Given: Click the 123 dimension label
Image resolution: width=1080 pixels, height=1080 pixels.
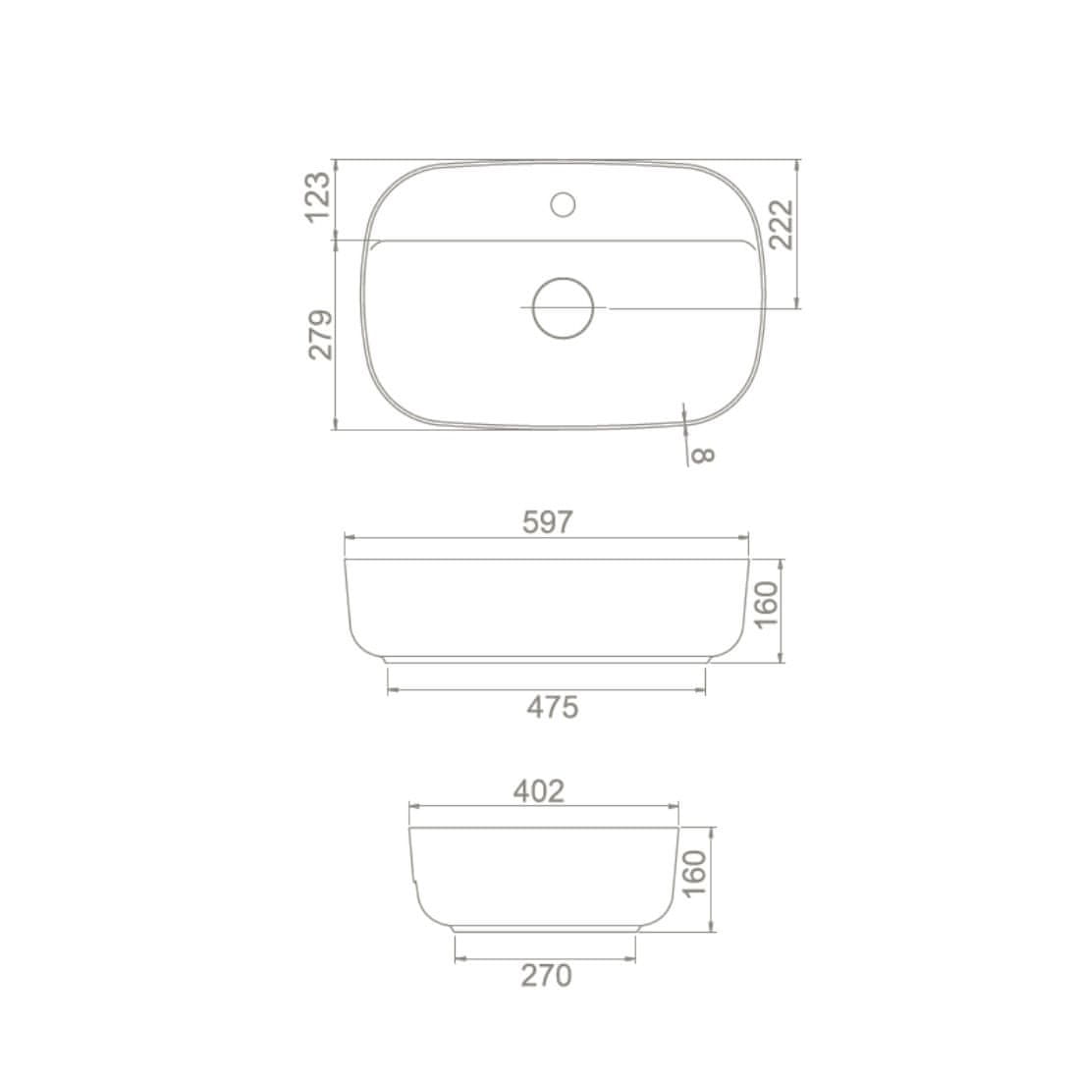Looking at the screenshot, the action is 318,197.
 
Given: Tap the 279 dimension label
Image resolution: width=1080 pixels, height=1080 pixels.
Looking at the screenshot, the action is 321,335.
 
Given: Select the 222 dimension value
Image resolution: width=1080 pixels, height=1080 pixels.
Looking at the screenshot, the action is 782,225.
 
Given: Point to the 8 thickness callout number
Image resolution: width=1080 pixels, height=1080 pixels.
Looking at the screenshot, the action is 703,456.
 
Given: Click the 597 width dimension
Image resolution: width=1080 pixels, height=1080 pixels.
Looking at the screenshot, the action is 548,522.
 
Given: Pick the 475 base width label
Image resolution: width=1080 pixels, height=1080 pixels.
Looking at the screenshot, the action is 553,707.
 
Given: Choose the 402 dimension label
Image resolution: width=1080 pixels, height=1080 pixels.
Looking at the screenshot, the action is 539,791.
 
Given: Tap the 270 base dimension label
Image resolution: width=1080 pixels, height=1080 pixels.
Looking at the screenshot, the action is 546,975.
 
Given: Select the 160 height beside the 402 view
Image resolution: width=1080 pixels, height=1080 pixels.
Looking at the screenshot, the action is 695,874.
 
